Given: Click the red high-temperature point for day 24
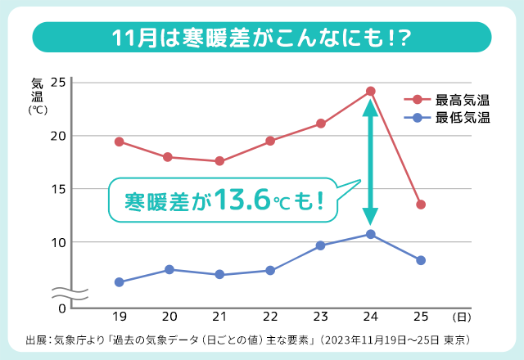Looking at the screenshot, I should [371, 91].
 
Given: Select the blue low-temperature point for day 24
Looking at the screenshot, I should [371, 235].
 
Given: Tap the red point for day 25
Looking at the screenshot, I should [421, 205].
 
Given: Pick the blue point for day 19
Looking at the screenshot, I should [120, 282].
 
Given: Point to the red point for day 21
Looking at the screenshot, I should [220, 161].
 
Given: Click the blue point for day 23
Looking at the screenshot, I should [320, 245].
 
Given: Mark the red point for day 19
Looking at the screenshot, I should [120, 142].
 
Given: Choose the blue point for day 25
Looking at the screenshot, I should [421, 260].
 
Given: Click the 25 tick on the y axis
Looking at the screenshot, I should [57, 82].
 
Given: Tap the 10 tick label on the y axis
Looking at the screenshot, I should [57, 242].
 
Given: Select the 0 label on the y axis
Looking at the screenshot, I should [61, 308].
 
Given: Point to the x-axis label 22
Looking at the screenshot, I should [270, 317].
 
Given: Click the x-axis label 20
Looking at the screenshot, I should [169, 317].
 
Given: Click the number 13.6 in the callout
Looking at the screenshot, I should [246, 200].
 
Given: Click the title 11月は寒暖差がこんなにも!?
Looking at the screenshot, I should [262, 38].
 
